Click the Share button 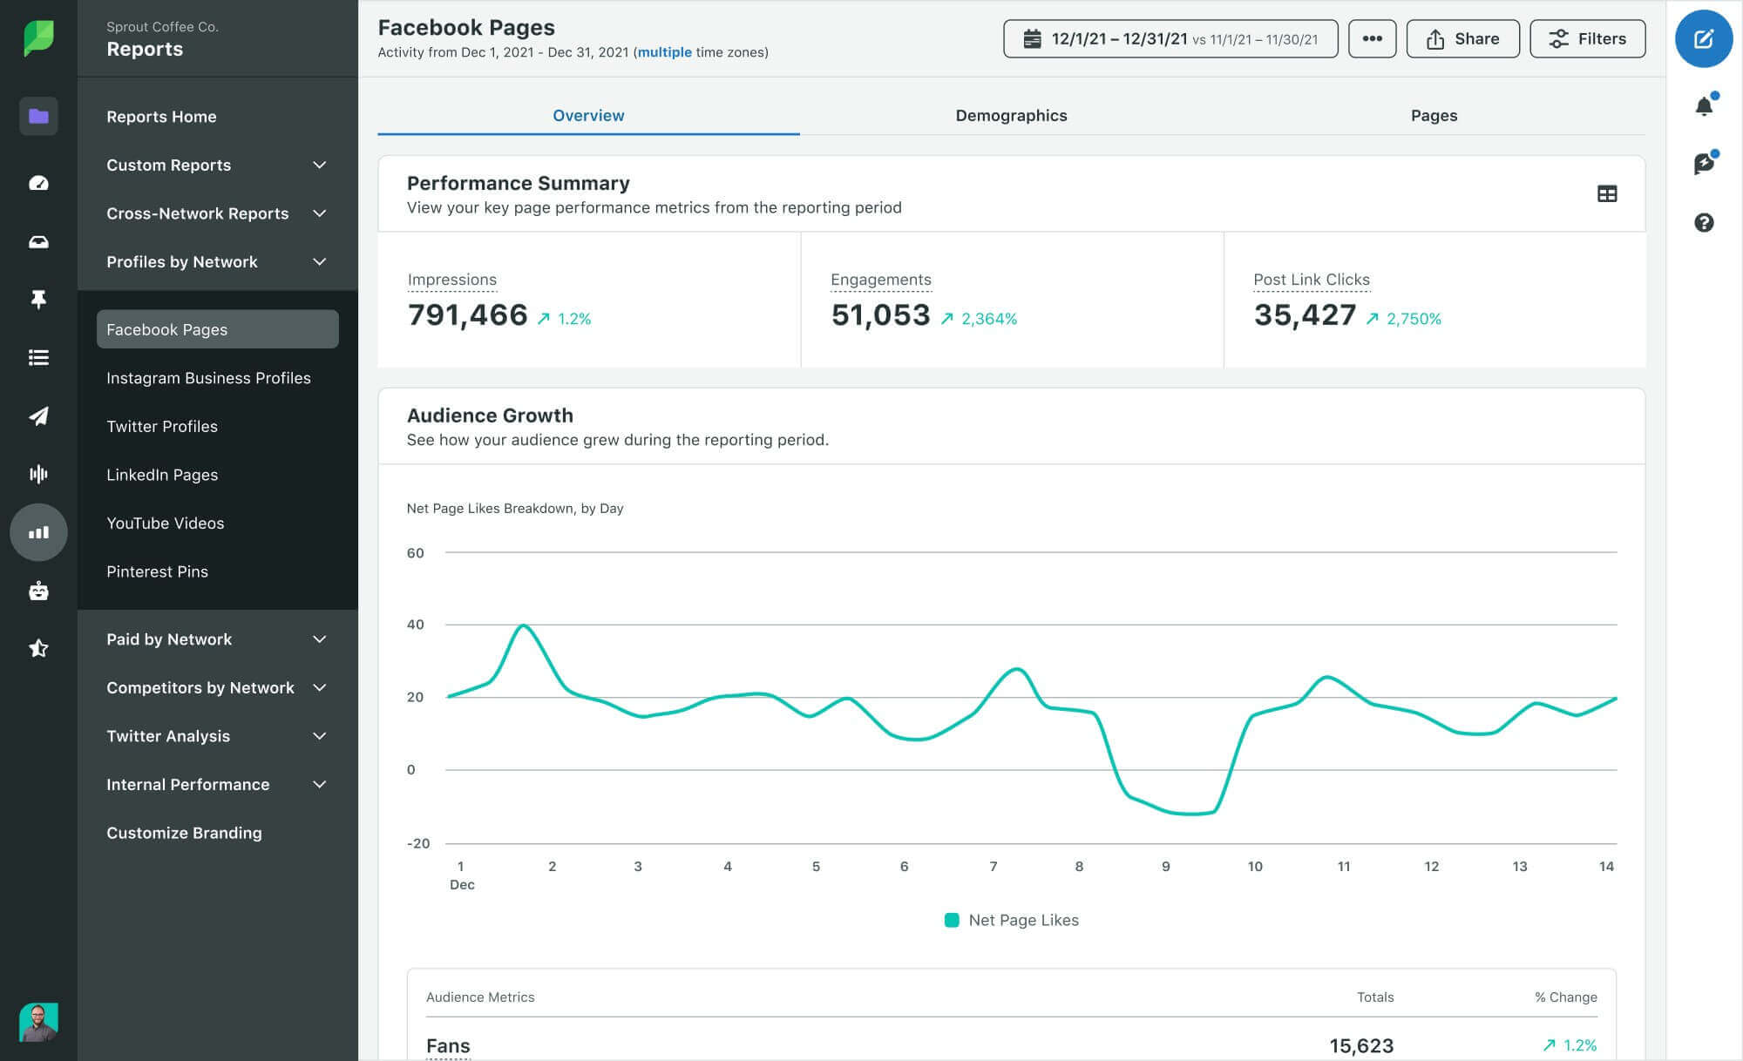(x=1462, y=39)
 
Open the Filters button (x=1587, y=39)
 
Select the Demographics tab (x=1011, y=116)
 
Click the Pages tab (x=1434, y=116)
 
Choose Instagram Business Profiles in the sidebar (x=208, y=378)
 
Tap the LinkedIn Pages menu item (x=162, y=475)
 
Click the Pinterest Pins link (x=157, y=571)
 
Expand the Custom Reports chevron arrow (x=320, y=166)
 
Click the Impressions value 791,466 (x=467, y=315)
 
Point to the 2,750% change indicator (x=1413, y=319)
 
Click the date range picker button (x=1170, y=39)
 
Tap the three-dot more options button (x=1372, y=39)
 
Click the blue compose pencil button (x=1703, y=39)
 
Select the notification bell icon (x=1704, y=106)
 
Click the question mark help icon (x=1704, y=223)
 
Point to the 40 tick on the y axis (x=416, y=625)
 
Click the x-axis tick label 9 (x=1165, y=867)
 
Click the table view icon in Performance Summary (x=1606, y=194)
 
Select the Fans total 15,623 (x=1360, y=1045)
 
